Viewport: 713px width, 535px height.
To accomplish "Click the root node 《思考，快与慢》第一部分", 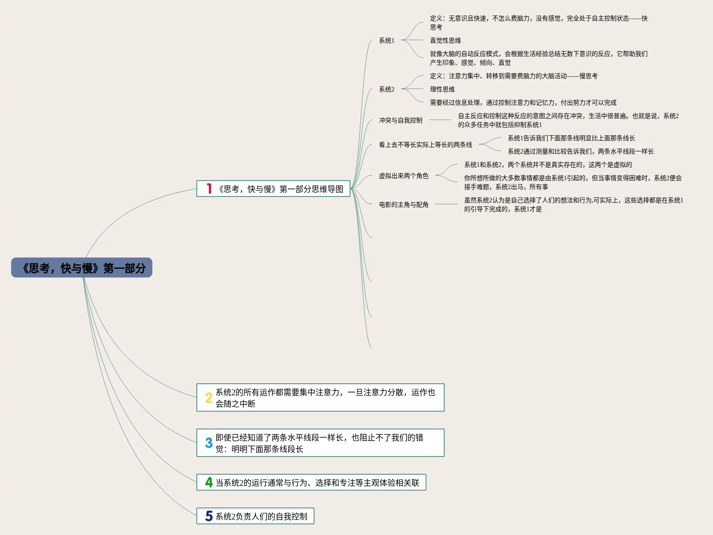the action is [x=82, y=267].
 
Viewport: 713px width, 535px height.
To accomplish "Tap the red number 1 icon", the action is [x=209, y=189].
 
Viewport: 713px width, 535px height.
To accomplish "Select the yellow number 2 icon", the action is [x=209, y=397].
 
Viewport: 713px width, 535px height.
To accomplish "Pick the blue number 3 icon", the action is [x=209, y=443].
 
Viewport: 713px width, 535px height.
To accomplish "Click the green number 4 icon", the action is [x=209, y=482].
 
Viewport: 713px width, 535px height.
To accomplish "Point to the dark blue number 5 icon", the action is [x=209, y=516].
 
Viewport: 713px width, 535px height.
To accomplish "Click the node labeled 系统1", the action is [x=386, y=40].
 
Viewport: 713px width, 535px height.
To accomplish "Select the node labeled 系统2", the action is [x=386, y=89].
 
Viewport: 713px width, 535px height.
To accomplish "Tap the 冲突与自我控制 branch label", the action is [x=400, y=120].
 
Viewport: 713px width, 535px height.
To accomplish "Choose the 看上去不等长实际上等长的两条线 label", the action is [x=425, y=145].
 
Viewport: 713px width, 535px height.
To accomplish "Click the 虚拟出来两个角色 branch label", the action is [x=403, y=176].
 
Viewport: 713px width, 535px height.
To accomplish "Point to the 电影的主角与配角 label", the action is [x=403, y=205].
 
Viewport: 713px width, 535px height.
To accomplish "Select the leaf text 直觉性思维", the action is [x=445, y=40].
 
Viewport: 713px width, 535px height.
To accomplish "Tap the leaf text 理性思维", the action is [x=442, y=89].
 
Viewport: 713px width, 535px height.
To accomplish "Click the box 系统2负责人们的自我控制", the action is [x=261, y=516].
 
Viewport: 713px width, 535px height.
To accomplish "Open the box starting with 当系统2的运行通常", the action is [x=317, y=483].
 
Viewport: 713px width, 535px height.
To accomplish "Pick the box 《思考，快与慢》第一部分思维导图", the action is [x=280, y=189].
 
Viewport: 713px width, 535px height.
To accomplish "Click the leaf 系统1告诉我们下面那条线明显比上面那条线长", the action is [x=571, y=138].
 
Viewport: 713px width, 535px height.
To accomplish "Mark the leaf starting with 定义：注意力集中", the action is [x=514, y=76].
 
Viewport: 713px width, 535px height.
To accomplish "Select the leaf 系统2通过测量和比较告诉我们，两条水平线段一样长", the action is [x=581, y=151].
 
